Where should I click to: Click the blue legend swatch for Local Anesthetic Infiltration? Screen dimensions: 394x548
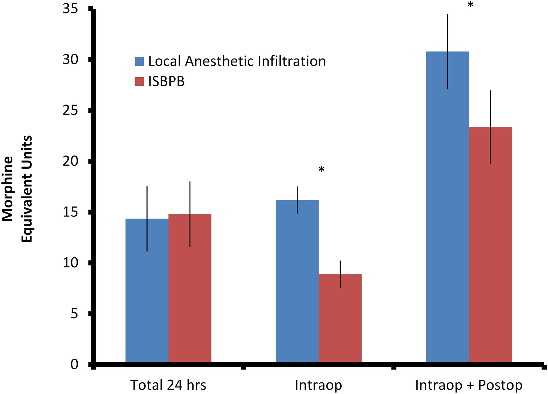pyautogui.click(x=139, y=61)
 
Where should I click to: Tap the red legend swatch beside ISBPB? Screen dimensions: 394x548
pyautogui.click(x=139, y=81)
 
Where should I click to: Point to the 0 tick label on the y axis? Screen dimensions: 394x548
pyautogui.click(x=74, y=364)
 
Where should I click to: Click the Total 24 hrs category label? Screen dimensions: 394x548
pyautogui.click(x=168, y=385)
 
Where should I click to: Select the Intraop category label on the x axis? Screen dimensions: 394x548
pyautogui.click(x=318, y=385)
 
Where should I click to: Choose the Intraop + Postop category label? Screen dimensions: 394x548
pyautogui.click(x=469, y=385)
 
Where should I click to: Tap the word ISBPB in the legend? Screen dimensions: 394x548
pyautogui.click(x=166, y=81)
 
